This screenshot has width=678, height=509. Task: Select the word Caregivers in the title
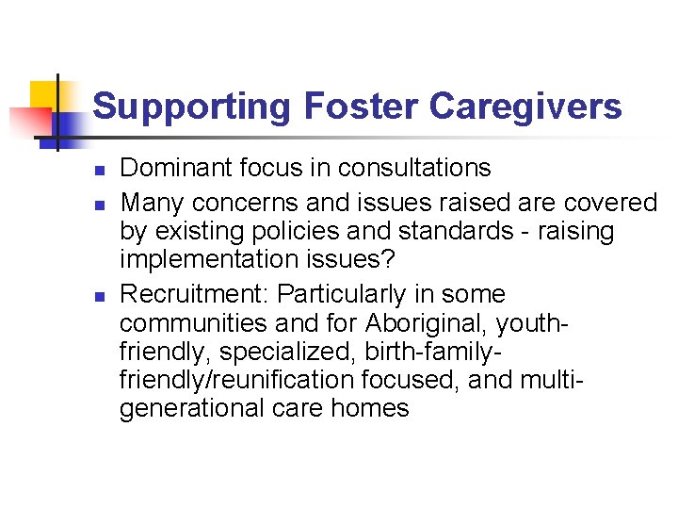pyautogui.click(x=525, y=107)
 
